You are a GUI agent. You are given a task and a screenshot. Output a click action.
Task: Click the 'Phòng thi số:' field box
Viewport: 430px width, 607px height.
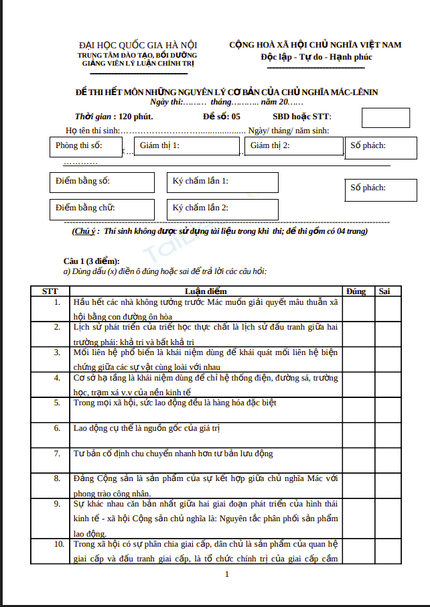86,146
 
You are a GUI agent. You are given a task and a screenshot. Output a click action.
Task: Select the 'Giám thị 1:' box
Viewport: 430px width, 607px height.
187,146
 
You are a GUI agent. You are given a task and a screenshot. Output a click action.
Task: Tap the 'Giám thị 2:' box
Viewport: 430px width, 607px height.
292,146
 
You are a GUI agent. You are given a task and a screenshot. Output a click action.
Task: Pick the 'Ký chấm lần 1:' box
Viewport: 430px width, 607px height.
222,182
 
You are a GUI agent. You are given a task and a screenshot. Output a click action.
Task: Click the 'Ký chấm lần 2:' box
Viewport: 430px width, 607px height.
222,209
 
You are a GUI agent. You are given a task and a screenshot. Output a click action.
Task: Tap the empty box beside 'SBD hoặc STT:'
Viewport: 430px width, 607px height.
386,117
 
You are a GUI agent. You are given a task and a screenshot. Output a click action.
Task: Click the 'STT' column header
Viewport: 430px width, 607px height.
50,291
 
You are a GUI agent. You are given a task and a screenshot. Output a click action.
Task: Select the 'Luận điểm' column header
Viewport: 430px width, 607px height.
206,291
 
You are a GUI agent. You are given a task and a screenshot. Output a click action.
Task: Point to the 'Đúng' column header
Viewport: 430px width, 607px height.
356,291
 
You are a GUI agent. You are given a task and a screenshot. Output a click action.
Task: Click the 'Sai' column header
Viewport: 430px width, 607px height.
384,291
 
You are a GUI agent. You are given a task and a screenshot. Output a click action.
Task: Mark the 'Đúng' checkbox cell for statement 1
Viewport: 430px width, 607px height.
358,308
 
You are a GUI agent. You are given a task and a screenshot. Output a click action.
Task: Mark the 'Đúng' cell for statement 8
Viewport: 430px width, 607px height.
358,485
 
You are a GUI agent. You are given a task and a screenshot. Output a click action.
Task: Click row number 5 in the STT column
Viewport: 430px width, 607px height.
57,403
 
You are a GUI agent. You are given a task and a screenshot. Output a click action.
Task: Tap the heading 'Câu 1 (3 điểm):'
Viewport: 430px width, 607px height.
92,261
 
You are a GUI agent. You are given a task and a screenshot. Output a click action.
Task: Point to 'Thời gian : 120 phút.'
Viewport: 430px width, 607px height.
114,117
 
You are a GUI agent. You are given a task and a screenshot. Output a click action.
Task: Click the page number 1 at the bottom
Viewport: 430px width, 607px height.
227,574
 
